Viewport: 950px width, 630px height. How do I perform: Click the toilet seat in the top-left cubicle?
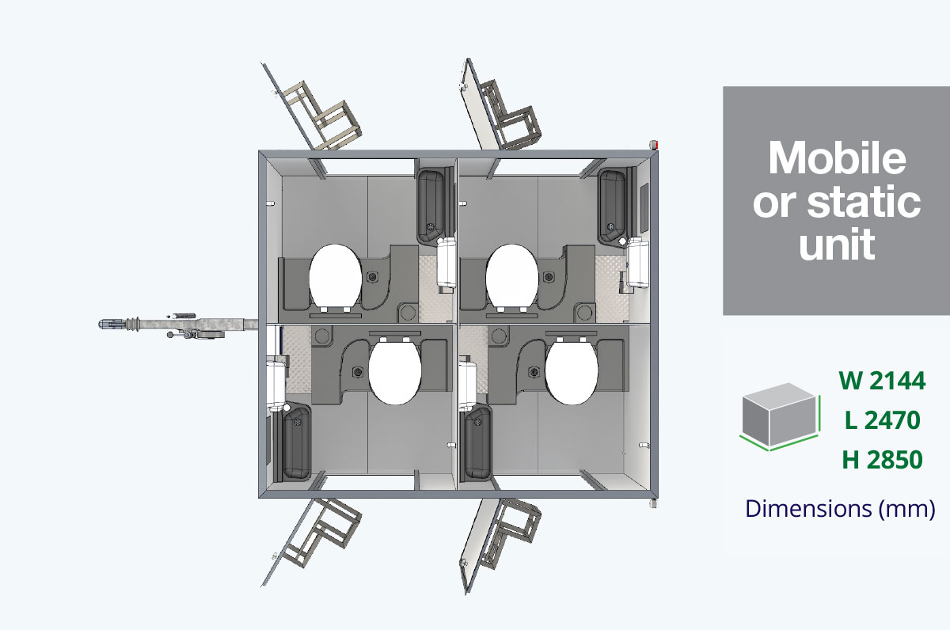point(335,275)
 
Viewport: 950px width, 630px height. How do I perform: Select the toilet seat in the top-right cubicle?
point(512,275)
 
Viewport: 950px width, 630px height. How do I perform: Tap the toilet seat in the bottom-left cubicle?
point(394,373)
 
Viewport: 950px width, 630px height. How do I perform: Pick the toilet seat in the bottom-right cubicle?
point(572,373)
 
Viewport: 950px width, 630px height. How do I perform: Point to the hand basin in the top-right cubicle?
point(612,206)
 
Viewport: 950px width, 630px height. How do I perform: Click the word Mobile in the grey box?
point(838,158)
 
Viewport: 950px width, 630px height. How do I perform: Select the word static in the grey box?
point(864,202)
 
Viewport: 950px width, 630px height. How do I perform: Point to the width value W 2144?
point(882,381)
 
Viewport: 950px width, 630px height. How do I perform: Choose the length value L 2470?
point(883,420)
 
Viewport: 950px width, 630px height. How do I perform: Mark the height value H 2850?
point(883,460)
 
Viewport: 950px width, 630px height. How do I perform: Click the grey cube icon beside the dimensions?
point(780,416)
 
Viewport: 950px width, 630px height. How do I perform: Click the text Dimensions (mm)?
point(840,509)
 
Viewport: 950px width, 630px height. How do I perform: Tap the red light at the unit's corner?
point(655,145)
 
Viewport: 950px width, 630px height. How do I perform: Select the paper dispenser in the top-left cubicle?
point(446,262)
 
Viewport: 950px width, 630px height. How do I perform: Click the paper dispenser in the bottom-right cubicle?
point(467,385)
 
